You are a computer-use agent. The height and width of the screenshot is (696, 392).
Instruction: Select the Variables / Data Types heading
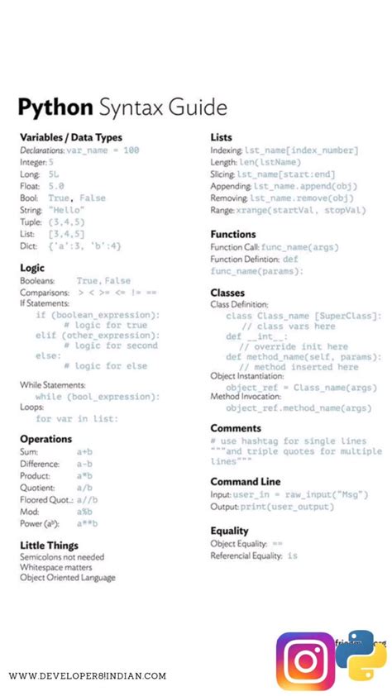tap(70, 137)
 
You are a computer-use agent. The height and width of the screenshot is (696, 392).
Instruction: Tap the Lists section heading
tap(221, 137)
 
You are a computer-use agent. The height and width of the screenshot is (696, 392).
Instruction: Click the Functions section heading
tap(233, 234)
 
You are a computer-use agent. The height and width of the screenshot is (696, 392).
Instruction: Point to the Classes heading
tap(227, 293)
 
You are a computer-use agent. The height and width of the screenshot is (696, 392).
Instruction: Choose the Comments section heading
tap(236, 428)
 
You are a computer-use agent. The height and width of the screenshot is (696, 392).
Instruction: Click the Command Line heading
tap(245, 481)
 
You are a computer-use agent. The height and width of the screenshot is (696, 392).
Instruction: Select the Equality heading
tap(229, 531)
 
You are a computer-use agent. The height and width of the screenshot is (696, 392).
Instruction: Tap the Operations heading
tap(46, 439)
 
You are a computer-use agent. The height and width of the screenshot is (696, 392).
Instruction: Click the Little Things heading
tap(50, 546)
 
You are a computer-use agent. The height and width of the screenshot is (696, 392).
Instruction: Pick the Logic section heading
tap(32, 268)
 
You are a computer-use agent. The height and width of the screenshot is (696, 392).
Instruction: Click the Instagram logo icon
tap(305, 661)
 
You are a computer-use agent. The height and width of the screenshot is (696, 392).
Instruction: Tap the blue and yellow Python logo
tap(361, 655)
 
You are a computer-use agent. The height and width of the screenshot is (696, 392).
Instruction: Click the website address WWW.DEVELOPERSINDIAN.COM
tap(88, 676)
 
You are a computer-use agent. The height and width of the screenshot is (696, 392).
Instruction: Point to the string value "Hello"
tap(66, 210)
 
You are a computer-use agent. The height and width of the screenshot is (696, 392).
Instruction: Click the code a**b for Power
tap(87, 523)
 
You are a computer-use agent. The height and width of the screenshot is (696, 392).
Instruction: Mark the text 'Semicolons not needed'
tap(62, 558)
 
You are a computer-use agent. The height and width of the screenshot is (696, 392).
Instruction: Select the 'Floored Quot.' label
tap(46, 499)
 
